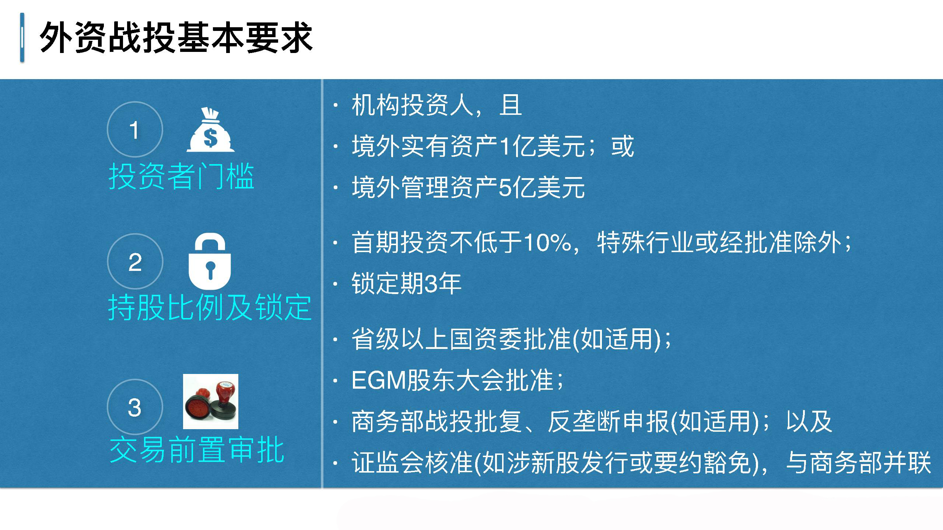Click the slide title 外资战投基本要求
(x=176, y=38)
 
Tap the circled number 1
(x=135, y=130)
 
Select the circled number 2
(x=135, y=261)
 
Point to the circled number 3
(x=135, y=407)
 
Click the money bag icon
(x=210, y=130)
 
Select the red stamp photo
(x=211, y=402)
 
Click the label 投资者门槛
(x=181, y=177)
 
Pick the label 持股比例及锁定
(x=210, y=308)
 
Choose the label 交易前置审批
(x=197, y=450)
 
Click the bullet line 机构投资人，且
(x=437, y=105)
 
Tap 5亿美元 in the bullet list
(x=541, y=188)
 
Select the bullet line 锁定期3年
(x=406, y=283)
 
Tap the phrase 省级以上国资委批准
(x=461, y=339)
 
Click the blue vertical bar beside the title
(x=22, y=38)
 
